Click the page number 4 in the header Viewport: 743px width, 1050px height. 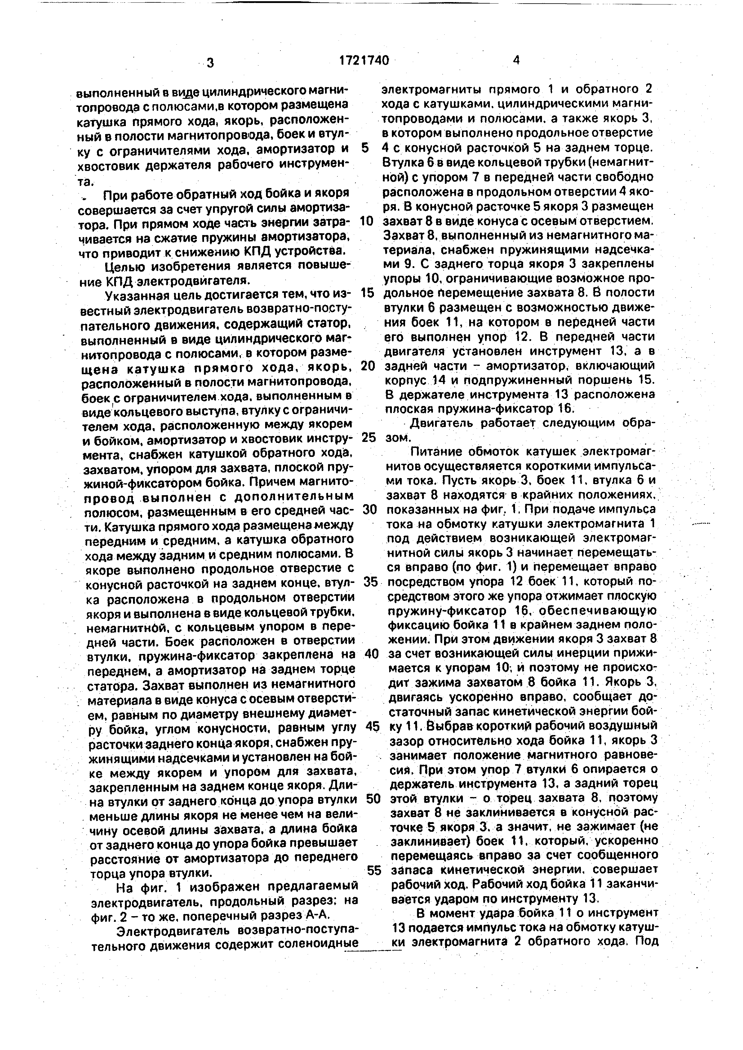click(516, 60)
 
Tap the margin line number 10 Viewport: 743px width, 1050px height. click(367, 221)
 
